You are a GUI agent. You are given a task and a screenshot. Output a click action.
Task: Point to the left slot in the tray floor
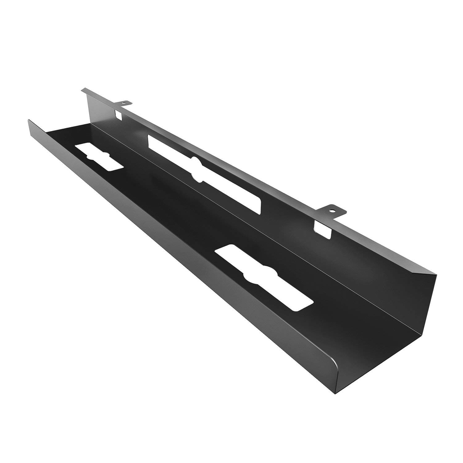[x=99, y=156]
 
